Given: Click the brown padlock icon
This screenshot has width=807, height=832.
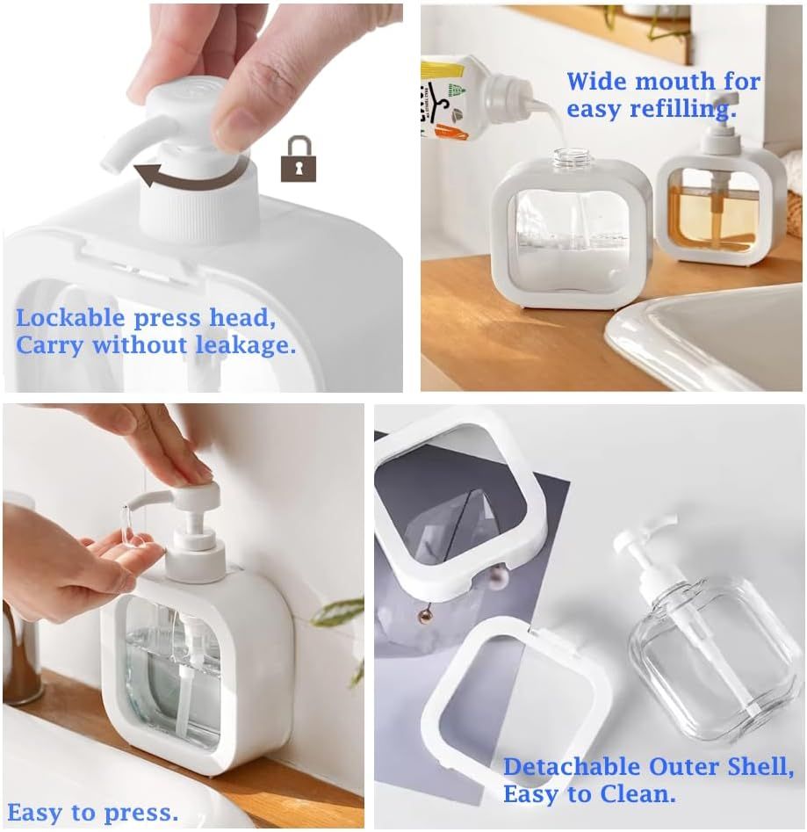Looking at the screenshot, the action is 298,159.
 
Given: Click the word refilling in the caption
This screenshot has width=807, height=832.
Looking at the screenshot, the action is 683,109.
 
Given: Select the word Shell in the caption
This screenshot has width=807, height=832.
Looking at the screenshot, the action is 760,767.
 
